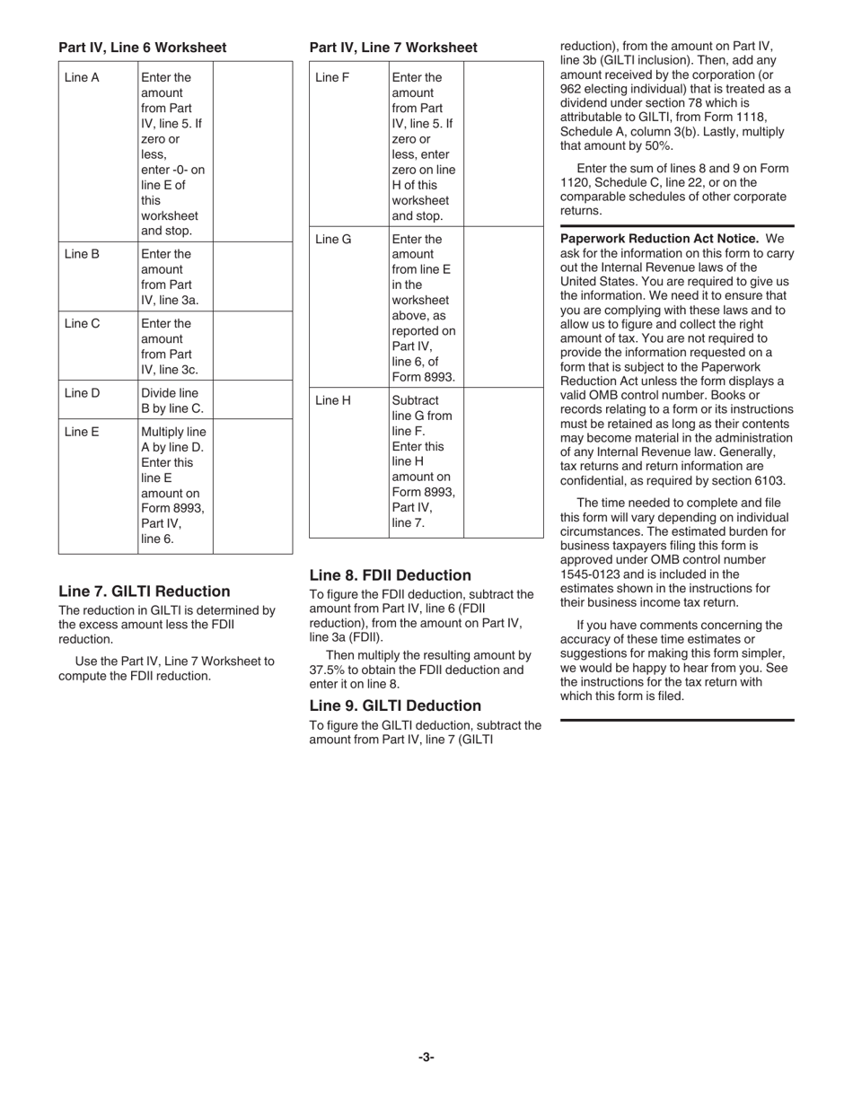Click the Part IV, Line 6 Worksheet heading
(x=142, y=48)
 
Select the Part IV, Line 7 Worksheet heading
(x=393, y=48)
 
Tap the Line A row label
(x=82, y=77)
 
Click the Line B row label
(x=82, y=254)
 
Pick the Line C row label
(x=82, y=324)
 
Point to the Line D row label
(x=82, y=393)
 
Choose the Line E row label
(x=82, y=432)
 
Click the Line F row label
(x=332, y=77)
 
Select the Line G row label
(x=333, y=240)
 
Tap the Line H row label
(x=333, y=400)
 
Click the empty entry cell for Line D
(x=252, y=400)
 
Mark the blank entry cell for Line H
(x=503, y=462)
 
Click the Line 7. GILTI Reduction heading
(x=144, y=591)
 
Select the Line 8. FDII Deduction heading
(x=390, y=575)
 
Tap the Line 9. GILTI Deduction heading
(x=395, y=705)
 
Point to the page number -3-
(x=426, y=1057)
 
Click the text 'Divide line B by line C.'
(x=172, y=400)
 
